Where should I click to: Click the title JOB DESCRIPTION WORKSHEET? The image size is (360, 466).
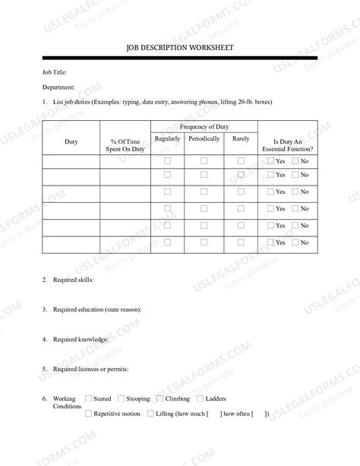(x=180, y=48)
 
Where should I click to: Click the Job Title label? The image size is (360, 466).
(x=55, y=72)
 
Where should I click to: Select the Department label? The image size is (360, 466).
(x=58, y=87)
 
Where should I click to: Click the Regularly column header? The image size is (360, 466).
(x=167, y=139)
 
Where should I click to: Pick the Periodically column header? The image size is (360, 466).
(x=204, y=139)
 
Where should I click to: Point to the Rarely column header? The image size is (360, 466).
(x=241, y=139)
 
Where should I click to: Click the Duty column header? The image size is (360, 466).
(x=71, y=142)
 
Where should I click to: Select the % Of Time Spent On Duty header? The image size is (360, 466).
(x=125, y=145)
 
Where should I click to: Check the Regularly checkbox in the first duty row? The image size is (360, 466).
(x=168, y=161)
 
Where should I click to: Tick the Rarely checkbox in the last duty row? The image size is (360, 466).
(x=241, y=242)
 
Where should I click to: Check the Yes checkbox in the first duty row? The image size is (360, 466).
(x=270, y=161)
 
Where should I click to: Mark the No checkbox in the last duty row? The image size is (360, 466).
(x=295, y=243)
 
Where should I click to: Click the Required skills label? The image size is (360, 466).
(x=74, y=281)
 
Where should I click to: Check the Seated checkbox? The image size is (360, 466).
(x=89, y=398)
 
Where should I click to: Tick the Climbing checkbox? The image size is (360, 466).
(x=159, y=398)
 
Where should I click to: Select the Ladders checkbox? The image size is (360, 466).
(x=200, y=398)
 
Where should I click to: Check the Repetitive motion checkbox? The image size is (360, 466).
(x=89, y=414)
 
